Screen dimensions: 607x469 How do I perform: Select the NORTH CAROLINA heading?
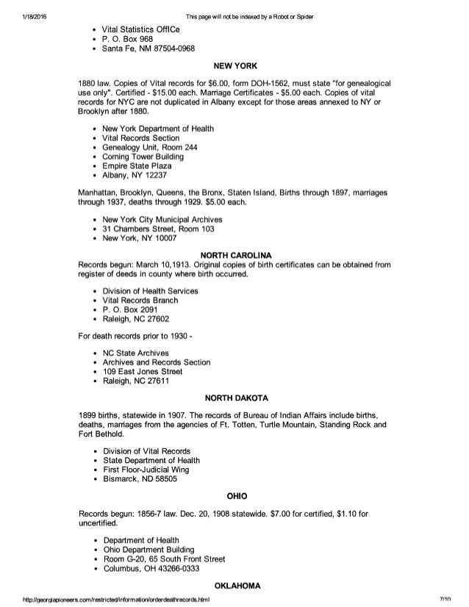[235, 256]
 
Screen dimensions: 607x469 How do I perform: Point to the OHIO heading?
[235, 493]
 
